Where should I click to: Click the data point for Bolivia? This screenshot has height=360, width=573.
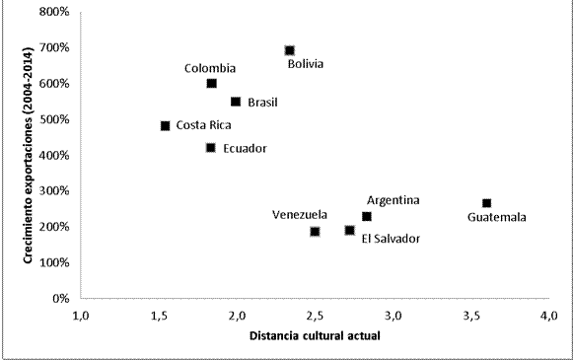[x=290, y=50]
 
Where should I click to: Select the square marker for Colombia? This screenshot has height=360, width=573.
[x=212, y=84]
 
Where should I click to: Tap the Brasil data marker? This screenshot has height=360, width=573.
[x=236, y=102]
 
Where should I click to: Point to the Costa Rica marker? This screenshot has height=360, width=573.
[x=166, y=126]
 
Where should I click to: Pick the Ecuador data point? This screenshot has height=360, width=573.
[x=211, y=148]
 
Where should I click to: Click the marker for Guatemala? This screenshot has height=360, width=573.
[x=486, y=203]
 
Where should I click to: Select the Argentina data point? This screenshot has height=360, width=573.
[x=367, y=216]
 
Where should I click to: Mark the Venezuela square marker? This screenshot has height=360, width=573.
[x=315, y=232]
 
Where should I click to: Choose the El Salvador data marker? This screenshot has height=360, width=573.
[x=350, y=231]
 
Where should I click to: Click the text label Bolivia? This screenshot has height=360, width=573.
[x=306, y=65]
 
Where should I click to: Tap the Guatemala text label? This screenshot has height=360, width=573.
[x=497, y=218]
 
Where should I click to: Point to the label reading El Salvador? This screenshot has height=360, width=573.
[x=391, y=238]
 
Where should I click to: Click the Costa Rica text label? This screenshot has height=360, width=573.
[x=204, y=126]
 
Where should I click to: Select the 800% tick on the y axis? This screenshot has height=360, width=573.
[x=54, y=13]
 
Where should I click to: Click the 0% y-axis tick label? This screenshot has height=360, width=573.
[x=60, y=298]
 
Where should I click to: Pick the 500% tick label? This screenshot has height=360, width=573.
[x=54, y=119]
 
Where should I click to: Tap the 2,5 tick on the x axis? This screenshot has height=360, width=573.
[x=315, y=316]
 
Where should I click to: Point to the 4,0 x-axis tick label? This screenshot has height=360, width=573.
[x=549, y=316]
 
